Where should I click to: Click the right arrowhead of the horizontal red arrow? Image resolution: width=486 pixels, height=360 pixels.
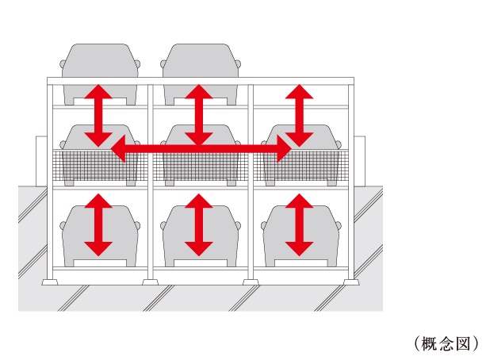(283, 147)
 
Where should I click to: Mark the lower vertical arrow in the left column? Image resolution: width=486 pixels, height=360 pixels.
(98, 224)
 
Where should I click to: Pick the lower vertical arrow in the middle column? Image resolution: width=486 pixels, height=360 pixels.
(198, 224)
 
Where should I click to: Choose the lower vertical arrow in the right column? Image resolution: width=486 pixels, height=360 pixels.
(298, 224)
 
